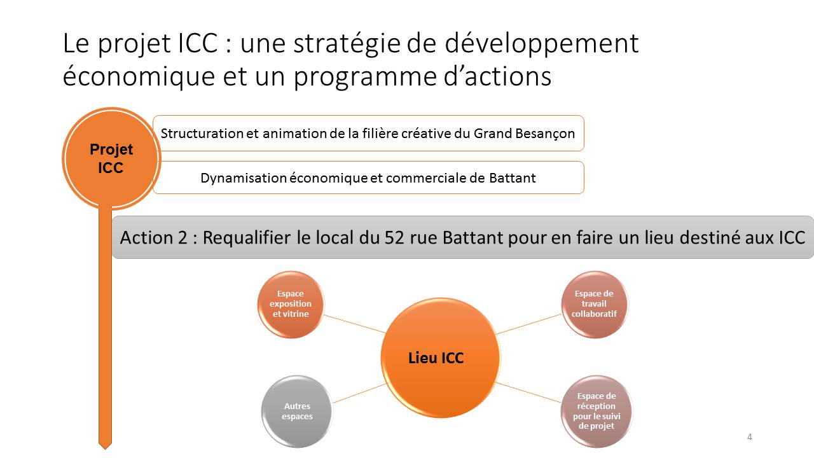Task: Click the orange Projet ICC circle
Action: (111, 158)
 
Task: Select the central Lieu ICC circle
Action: (441, 357)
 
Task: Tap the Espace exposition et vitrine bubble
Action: (291, 304)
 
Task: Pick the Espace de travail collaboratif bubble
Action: (594, 304)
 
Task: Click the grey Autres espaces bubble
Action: (297, 411)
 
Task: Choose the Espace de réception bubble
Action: (597, 411)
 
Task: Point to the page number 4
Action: (749, 437)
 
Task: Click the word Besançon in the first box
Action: (525, 134)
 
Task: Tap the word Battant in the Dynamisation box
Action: (513, 177)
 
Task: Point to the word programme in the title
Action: (365, 77)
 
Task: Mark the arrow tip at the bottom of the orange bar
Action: (105, 449)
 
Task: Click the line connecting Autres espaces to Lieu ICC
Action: (360, 393)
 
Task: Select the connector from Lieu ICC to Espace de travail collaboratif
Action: (528, 324)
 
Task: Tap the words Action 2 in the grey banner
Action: (153, 238)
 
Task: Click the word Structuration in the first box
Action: (202, 134)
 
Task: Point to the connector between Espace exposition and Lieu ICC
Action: (354, 324)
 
